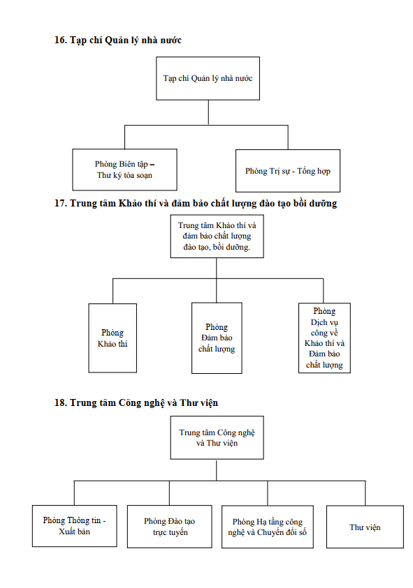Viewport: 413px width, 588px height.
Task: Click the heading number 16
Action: tap(61, 40)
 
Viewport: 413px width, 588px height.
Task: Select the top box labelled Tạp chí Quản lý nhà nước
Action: tap(208, 78)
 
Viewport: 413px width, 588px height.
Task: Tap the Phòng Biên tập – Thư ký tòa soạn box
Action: tap(125, 169)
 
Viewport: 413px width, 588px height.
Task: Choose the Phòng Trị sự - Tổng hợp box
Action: tap(288, 171)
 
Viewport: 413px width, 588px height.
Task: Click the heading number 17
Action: tap(61, 203)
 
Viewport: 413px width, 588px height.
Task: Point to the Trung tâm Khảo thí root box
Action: tap(217, 236)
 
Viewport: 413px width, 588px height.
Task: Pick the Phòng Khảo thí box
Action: tap(113, 338)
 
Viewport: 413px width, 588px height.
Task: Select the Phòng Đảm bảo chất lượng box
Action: tap(217, 338)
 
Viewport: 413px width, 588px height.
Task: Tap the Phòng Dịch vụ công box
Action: tap(324, 338)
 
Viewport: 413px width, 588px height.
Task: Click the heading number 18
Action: tap(61, 402)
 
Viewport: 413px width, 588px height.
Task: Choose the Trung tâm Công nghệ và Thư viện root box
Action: tap(217, 437)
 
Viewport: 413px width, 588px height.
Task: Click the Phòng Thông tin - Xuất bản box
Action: tap(74, 526)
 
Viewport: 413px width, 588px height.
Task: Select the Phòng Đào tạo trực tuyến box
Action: tap(170, 527)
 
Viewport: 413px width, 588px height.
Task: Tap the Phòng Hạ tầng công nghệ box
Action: tap(268, 527)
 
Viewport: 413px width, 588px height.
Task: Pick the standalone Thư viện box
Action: tap(365, 527)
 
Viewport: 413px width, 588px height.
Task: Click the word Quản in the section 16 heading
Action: tap(116, 40)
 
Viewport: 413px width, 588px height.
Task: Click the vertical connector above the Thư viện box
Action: tap(365, 493)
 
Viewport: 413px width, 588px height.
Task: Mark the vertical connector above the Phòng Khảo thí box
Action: tap(113, 291)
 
